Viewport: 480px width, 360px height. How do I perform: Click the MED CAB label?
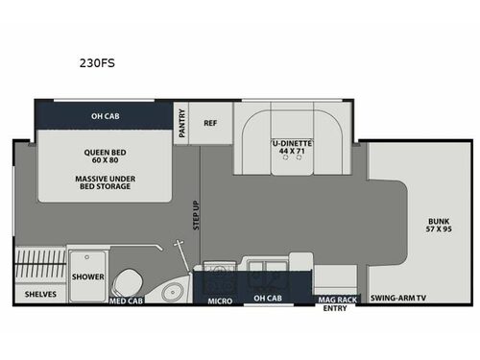click(x=127, y=300)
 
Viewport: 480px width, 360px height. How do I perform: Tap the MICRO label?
click(x=220, y=300)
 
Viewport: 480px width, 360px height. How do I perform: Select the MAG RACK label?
click(x=337, y=299)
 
